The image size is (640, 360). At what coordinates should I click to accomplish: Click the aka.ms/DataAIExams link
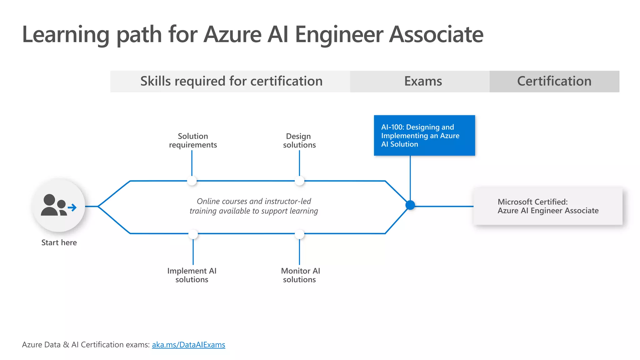point(188,345)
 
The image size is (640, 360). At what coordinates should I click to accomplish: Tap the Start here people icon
point(58,206)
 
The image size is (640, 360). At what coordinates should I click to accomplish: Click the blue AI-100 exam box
point(424,135)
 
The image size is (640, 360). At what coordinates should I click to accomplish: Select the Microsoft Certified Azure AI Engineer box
point(548,206)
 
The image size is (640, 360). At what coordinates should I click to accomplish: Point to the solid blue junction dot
point(410,205)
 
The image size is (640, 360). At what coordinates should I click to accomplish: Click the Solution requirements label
point(193,141)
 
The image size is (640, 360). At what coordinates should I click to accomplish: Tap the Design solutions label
point(299,141)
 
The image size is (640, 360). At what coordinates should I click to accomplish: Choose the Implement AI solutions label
point(192,275)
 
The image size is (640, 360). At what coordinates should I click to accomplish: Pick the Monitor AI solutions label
point(300,275)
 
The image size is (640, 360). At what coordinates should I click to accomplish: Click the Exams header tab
point(423,81)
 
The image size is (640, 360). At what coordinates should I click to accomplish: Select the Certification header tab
point(554,81)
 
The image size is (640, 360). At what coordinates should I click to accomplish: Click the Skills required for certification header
point(231,81)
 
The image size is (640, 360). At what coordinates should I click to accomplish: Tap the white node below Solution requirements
point(192,181)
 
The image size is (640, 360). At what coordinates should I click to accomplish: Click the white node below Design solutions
point(299,181)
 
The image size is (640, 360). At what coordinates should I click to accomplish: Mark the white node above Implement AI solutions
point(193,234)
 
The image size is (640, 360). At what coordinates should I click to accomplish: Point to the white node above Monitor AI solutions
point(299,234)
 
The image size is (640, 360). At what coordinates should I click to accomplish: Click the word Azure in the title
point(232,34)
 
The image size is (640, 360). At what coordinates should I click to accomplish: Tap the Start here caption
point(59,242)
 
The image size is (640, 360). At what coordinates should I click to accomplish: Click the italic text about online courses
point(254,206)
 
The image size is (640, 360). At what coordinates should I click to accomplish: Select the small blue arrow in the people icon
point(72,207)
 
